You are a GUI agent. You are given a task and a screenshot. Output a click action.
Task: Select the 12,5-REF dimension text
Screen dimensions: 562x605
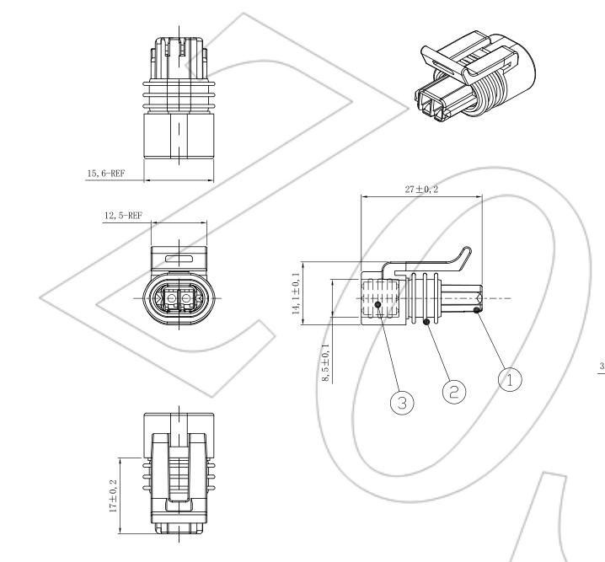tap(122, 216)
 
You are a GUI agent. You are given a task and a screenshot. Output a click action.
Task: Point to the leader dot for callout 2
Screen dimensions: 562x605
tap(427, 322)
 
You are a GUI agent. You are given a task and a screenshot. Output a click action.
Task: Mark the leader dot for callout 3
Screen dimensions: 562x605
tap(378, 306)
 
